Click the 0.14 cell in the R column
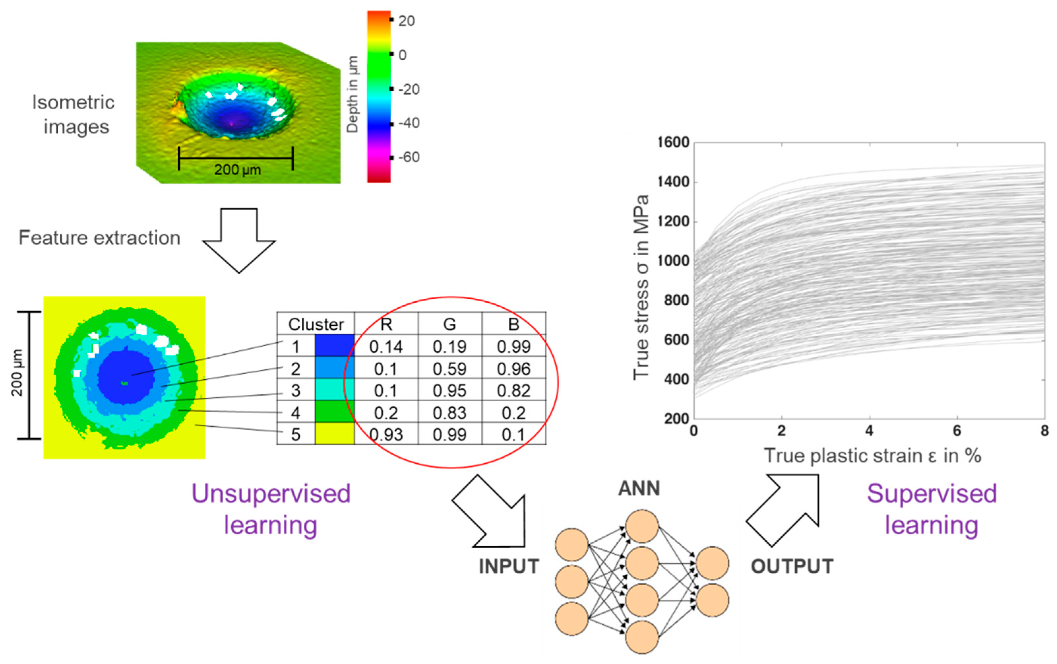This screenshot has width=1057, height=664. click(385, 347)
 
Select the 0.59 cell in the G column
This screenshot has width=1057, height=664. click(449, 369)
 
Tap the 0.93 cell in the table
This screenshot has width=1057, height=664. click(385, 435)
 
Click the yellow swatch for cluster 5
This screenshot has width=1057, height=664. click(335, 434)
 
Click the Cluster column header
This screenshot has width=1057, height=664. click(316, 324)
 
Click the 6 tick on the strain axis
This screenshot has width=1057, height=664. click(957, 431)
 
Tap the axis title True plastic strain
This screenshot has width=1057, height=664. click(873, 456)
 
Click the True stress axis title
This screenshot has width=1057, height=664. click(641, 287)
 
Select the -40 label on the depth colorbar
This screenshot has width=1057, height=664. click(409, 123)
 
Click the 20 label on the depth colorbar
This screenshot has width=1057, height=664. click(407, 21)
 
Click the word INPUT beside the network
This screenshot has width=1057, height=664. click(508, 566)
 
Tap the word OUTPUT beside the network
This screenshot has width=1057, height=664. click(792, 566)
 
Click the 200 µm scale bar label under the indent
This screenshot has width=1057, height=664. click(237, 169)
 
